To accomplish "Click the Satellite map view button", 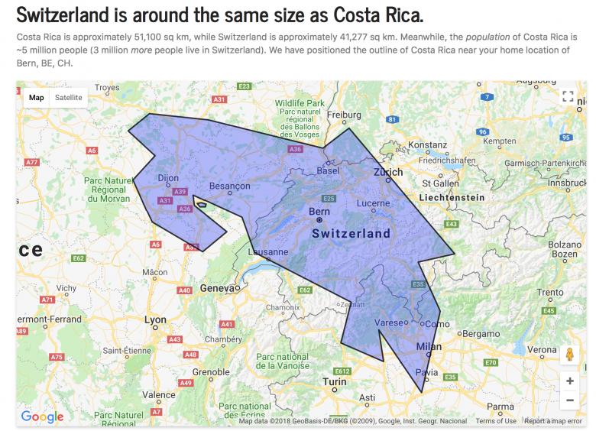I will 68,97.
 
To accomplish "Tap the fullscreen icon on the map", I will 568,96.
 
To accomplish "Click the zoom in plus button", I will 569,380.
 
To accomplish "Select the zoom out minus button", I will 569,400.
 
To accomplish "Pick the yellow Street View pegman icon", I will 569,355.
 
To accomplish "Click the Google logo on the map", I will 42,416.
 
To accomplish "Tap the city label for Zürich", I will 387,173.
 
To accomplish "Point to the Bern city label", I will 319,211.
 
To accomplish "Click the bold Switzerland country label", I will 351,233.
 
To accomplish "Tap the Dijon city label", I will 167,179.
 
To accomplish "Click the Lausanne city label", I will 268,251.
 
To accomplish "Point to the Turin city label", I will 334,381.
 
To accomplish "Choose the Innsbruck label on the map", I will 565,183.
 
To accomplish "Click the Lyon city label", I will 155,321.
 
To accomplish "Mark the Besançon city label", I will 229,186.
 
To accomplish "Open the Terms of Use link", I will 496,421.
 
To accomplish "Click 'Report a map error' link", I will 553,421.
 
